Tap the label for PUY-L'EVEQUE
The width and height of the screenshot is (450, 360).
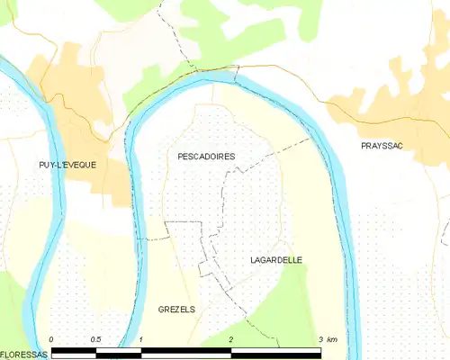(x=67, y=165)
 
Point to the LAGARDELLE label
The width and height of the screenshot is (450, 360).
(x=276, y=260)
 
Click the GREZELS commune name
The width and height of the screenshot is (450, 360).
(x=176, y=309)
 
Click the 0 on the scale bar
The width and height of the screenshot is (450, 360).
(x=51, y=338)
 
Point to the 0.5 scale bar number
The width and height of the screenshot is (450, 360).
(x=95, y=338)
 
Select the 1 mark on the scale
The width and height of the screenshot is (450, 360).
(x=141, y=338)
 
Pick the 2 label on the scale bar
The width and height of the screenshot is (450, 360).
(x=231, y=338)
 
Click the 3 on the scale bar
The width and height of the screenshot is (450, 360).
(x=320, y=338)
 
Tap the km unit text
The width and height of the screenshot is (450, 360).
(x=333, y=338)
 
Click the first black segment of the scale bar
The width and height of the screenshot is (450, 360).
(x=74, y=348)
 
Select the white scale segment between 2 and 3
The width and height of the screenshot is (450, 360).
(x=276, y=348)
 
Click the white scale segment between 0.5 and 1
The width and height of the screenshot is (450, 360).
(x=119, y=348)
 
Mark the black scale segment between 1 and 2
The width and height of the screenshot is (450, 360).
(x=186, y=348)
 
